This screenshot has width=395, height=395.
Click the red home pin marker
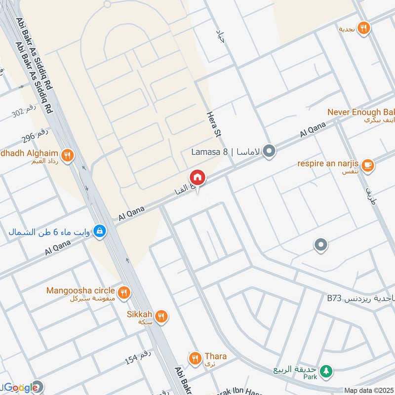197,177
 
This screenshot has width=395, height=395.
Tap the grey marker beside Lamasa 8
269,151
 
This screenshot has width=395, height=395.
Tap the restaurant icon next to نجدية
363,29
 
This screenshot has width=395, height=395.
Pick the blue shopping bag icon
100,231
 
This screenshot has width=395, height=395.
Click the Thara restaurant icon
195,357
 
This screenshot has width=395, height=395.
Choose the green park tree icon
325,371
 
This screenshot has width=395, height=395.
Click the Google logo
21,387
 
